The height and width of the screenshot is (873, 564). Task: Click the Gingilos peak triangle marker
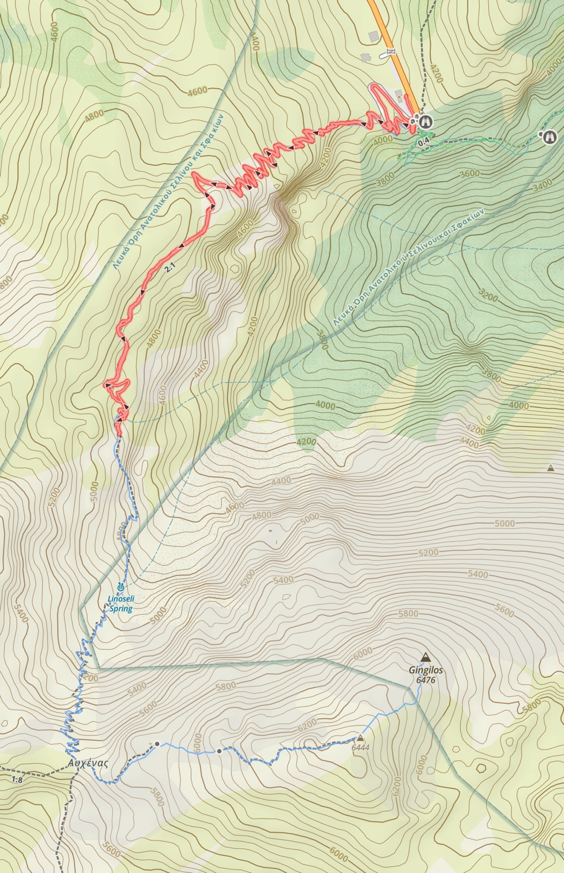pos(425,657)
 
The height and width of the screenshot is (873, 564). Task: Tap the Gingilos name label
pos(426,671)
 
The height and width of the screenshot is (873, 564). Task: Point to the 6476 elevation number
pos(426,680)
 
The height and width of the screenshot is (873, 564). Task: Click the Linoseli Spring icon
pos(121,587)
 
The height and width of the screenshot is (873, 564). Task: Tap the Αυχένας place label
pos(88,763)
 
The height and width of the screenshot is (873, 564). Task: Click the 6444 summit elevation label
pos(360,748)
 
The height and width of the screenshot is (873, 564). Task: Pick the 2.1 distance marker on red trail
pos(170,269)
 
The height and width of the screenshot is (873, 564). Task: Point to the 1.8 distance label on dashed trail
pos(17,779)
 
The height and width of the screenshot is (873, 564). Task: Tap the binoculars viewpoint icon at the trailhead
pos(425,121)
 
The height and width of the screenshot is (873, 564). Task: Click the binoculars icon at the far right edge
pos(549,137)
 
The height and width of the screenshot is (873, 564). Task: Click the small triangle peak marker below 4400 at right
pos(550,469)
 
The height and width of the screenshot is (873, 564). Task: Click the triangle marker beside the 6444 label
pos(361,738)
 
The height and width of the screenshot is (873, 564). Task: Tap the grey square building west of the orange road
pos(373,36)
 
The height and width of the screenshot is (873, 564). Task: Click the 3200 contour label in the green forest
pos(489,295)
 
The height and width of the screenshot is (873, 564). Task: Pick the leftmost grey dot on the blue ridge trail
pos(157,744)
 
